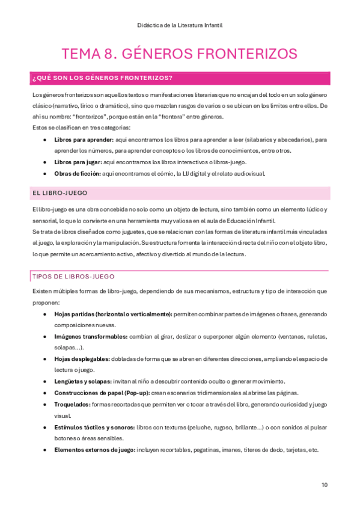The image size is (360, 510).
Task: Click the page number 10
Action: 325,485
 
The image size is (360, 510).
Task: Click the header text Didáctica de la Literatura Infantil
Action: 180,25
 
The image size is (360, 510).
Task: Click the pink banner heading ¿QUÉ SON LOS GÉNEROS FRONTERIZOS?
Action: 102,78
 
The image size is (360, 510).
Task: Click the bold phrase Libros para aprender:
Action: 79,140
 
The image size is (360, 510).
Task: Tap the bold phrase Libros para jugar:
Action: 78,162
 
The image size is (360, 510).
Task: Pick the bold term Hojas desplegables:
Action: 81,359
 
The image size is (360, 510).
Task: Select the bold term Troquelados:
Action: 72,404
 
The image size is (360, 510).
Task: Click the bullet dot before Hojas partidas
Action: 46,314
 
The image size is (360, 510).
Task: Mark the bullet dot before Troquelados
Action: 46,404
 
